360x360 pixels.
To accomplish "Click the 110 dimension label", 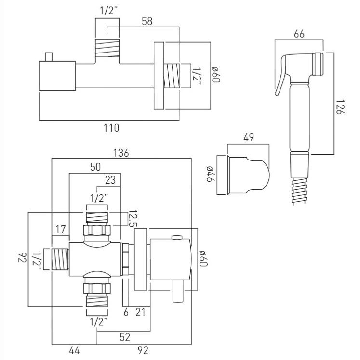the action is (111, 128).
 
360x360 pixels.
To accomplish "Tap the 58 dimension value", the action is (147, 21).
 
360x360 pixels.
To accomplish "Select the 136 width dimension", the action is (121, 153).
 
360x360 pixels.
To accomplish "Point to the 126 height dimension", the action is (340, 107).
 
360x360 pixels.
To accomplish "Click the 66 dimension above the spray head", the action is (299, 34).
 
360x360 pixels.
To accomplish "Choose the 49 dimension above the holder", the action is (249, 137).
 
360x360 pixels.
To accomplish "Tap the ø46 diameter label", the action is (210, 173).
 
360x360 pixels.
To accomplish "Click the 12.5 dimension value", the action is (133, 218).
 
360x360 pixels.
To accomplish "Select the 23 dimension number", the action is (110, 180).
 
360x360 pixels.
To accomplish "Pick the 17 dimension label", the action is (60, 229).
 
